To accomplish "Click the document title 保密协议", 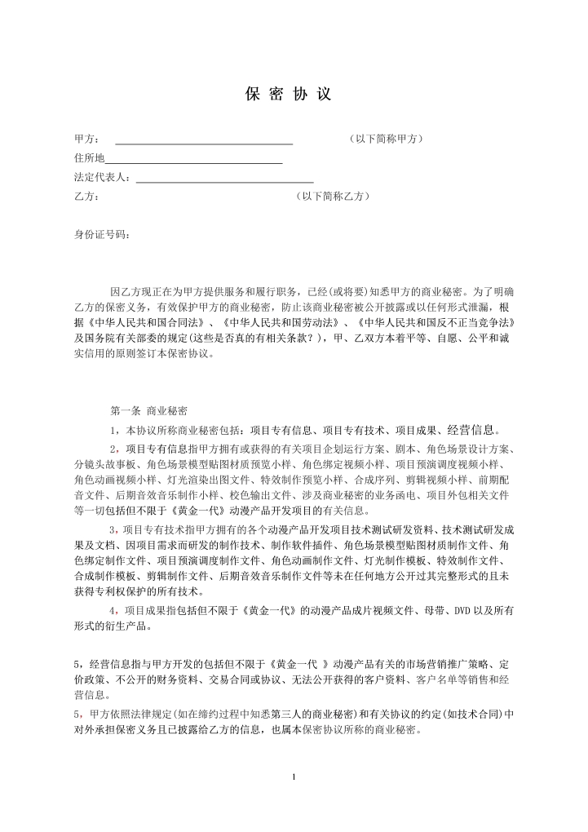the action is [x=289, y=94].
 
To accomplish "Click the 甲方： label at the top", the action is [x=87, y=139].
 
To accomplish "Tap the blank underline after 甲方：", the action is [x=204, y=143].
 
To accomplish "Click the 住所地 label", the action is [x=89, y=158].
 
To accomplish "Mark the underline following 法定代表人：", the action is [x=224, y=180].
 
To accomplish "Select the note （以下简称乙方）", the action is [x=334, y=197].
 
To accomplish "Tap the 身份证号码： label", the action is [x=102, y=235].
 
